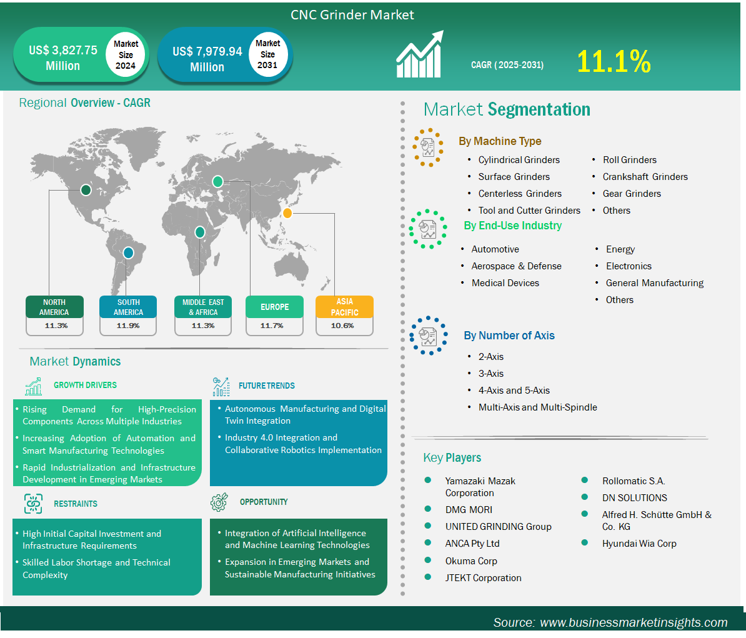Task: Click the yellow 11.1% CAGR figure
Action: [x=614, y=62]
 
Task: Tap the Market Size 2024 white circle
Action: [x=126, y=55]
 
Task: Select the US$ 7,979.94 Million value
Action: [x=207, y=59]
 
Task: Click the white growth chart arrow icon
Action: [x=420, y=54]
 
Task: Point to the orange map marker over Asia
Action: [x=287, y=213]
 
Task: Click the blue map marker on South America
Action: [x=129, y=253]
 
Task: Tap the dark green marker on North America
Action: [x=86, y=191]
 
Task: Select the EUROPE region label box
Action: [x=274, y=307]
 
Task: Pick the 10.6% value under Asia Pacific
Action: [x=342, y=326]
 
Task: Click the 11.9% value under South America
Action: [x=128, y=326]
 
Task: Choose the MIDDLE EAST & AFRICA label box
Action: [x=203, y=307]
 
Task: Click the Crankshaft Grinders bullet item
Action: [x=645, y=177]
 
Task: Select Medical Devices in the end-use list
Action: [x=505, y=283]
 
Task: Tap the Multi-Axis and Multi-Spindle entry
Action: [x=537, y=407]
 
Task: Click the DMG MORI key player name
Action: [x=469, y=509]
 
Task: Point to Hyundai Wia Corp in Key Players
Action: [x=639, y=543]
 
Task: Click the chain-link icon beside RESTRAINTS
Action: [x=33, y=504]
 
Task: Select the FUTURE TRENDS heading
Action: [x=266, y=386]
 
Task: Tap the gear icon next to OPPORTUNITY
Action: [x=219, y=502]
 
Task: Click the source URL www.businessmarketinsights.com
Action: [x=634, y=622]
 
